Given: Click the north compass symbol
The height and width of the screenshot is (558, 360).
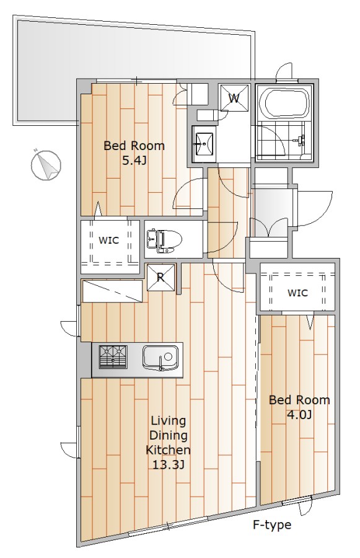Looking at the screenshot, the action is pyautogui.click(x=45, y=166).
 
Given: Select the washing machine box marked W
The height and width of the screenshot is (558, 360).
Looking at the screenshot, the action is pyautogui.click(x=234, y=98).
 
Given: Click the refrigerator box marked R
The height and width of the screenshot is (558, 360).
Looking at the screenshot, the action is pyautogui.click(x=160, y=277).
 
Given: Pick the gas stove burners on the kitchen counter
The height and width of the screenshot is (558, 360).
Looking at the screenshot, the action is pyautogui.click(x=113, y=357).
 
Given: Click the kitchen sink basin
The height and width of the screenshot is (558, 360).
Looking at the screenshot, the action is pyautogui.click(x=160, y=357).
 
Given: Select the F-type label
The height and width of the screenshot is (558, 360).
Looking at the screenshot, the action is pyautogui.click(x=272, y=525).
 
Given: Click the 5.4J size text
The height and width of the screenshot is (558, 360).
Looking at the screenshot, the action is pyautogui.click(x=134, y=161).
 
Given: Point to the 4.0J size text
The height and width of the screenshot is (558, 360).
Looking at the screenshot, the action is pyautogui.click(x=299, y=415).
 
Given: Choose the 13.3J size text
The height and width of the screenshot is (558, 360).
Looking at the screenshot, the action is pyautogui.click(x=169, y=464).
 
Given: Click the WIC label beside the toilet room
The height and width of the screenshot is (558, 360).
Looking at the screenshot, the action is pyautogui.click(x=108, y=240).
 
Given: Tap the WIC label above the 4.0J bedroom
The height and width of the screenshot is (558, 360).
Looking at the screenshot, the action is pyautogui.click(x=297, y=293).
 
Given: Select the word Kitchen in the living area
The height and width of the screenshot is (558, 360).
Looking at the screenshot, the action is pyautogui.click(x=169, y=450).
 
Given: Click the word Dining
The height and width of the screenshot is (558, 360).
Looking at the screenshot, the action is pyautogui.click(x=169, y=436).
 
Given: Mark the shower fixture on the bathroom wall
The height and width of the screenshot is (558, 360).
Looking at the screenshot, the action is pyautogui.click(x=301, y=140).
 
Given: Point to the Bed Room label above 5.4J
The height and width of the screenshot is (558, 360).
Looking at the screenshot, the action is pyautogui.click(x=134, y=146).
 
